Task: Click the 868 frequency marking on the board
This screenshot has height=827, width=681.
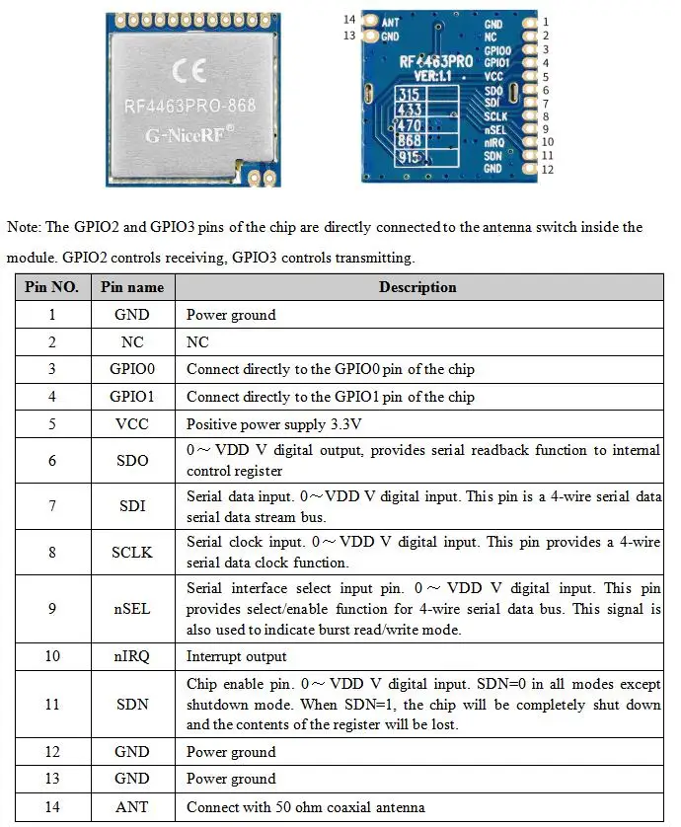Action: pyautogui.click(x=410, y=141)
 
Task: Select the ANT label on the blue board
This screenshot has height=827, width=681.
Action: pyautogui.click(x=390, y=21)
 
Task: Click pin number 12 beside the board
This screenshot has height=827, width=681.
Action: pyautogui.click(x=548, y=170)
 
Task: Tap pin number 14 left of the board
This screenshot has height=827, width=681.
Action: pyautogui.click(x=349, y=20)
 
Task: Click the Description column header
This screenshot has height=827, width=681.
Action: pyautogui.click(x=417, y=287)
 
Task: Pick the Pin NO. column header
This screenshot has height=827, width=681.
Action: pyautogui.click(x=51, y=287)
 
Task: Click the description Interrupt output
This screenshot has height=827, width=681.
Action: pyautogui.click(x=237, y=656)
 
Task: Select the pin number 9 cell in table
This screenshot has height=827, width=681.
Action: pyautogui.click(x=51, y=609)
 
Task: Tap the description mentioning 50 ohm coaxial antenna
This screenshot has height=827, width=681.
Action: pyautogui.click(x=306, y=807)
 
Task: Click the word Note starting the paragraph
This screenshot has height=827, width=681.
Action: pyautogui.click(x=23, y=227)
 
